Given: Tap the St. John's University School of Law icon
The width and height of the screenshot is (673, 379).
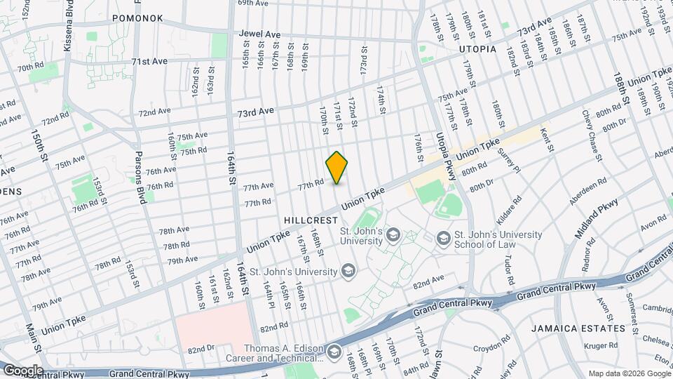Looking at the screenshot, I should click(443, 239).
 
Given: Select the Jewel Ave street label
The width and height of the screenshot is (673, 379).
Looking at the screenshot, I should click(259, 33).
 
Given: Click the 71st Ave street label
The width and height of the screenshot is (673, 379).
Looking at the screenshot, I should click(149, 61).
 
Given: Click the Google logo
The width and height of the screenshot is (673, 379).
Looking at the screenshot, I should click(22, 370).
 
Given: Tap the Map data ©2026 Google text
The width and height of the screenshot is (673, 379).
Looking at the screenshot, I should click(629, 373).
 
